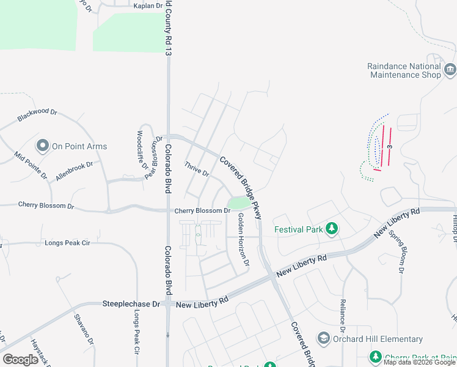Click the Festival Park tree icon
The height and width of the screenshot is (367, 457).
[332, 229]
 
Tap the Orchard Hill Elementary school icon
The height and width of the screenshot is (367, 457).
[324, 338]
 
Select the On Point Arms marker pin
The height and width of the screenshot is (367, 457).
[43, 146]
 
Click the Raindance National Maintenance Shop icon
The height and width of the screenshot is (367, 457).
[451, 69]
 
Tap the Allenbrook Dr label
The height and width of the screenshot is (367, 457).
[74, 169]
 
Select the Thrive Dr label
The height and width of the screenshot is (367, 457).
[197, 170]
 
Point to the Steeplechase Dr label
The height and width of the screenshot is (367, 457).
[131, 303]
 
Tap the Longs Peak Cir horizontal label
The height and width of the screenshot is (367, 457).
[67, 243]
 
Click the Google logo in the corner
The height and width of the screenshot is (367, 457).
[20, 360]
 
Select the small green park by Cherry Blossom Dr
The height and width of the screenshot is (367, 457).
[239, 202]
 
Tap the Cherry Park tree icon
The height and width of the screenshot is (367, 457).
[376, 357]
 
